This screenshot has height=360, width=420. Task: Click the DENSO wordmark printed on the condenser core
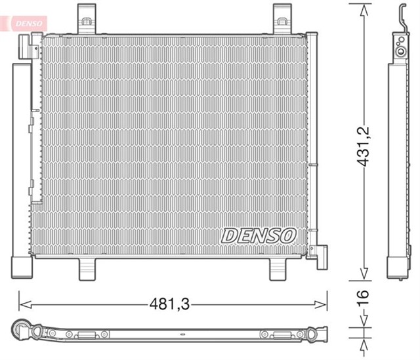pos(259,235)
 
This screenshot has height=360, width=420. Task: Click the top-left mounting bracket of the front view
pos(86,18)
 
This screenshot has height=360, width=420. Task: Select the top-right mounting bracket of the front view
pos(282,18)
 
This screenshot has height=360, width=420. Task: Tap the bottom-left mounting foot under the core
pos(88,267)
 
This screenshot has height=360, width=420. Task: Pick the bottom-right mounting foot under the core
pos(280,267)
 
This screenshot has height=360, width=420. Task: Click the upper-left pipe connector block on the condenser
pos(26,47)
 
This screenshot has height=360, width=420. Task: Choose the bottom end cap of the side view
pos(398,269)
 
